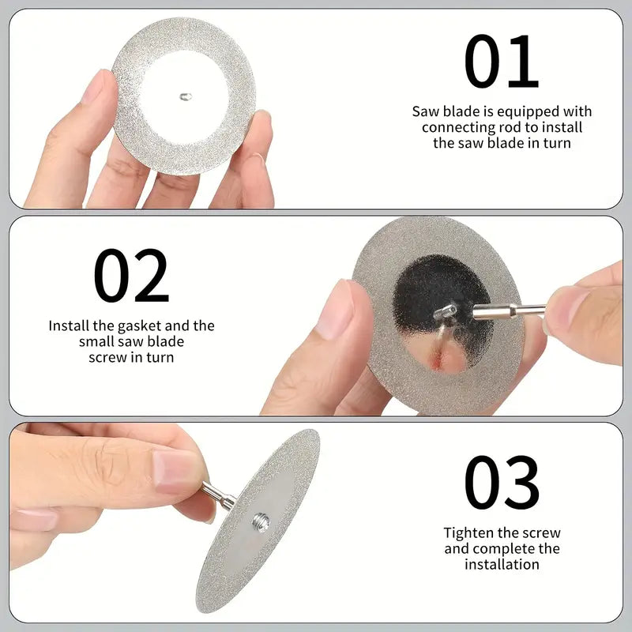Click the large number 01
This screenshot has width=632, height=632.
pyautogui.click(x=502, y=62)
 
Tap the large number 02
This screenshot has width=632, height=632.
pyautogui.click(x=131, y=275)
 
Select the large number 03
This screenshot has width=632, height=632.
pyautogui.click(x=502, y=483)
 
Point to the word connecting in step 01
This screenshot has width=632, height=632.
pyautogui.click(x=459, y=128)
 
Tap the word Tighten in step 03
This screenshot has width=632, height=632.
pyautogui.click(x=468, y=532)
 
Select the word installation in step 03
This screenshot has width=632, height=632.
pyautogui.click(x=502, y=564)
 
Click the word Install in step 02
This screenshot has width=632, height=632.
pyautogui.click(x=69, y=325)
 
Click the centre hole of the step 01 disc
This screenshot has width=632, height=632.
pyautogui.click(x=185, y=96)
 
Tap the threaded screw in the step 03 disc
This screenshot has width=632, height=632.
pyautogui.click(x=261, y=522)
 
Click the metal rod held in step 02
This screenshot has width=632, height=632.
pyautogui.click(x=509, y=310)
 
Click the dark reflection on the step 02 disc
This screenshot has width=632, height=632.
pyautogui.click(x=442, y=294)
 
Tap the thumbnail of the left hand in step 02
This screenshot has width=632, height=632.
pyautogui.click(x=334, y=310)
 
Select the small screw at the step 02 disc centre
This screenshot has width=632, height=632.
pyautogui.click(x=446, y=311)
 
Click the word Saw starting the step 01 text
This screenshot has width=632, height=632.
pyautogui.click(x=426, y=111)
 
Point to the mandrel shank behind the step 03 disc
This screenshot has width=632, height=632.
pyautogui.click(x=218, y=495)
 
